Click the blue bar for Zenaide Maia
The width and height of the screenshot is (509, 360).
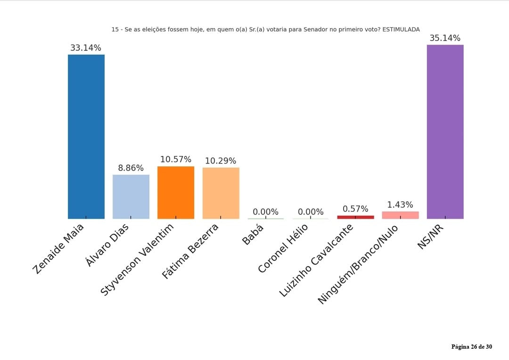pos(86,137)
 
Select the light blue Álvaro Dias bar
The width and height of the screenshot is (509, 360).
pos(131,196)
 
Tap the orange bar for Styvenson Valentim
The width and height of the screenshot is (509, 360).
pos(176,192)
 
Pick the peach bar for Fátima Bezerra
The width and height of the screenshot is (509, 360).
pos(221,193)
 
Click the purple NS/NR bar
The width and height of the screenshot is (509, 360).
pos(445,132)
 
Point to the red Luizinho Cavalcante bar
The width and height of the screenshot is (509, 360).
pos(355,217)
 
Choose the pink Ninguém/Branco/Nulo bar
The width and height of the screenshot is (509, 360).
pos(400,215)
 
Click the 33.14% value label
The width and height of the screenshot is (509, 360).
pos(86,48)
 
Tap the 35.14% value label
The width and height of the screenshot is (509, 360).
pos(445,38)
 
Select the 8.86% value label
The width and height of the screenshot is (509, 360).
pos(131,168)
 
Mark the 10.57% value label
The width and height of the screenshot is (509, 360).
pos(176,160)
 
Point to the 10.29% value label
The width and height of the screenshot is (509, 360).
pos(221,161)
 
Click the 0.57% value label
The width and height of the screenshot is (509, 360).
pos(355,209)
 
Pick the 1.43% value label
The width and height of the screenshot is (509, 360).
pos(400,205)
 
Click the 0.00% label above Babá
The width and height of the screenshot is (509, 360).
pos(265,212)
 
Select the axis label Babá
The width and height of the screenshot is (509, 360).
pos(253,234)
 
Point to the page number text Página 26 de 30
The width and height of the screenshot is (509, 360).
pos(471,347)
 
